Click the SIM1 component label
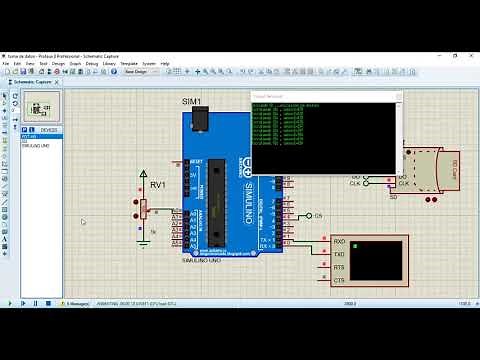point(191,102)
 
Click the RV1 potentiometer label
point(158,185)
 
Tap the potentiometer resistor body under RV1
point(143,208)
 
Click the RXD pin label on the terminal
point(339,241)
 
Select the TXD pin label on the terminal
point(339,254)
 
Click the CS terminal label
point(319,216)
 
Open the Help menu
point(165,63)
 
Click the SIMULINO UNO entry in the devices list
point(36,146)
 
